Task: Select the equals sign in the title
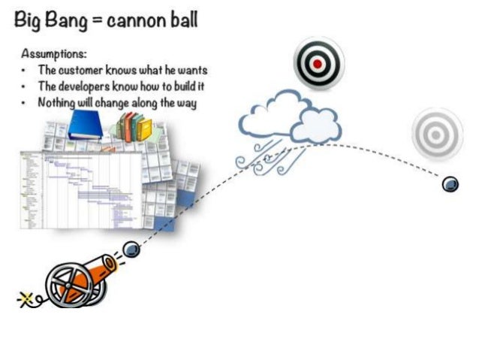pos(98,21)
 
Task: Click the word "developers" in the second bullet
pos(94,86)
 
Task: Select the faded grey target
pos(437,135)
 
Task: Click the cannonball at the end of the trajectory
pos(450,183)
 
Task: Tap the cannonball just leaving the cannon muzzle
pos(131,250)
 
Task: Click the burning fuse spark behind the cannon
pos(26,299)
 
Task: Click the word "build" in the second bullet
pos(176,86)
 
